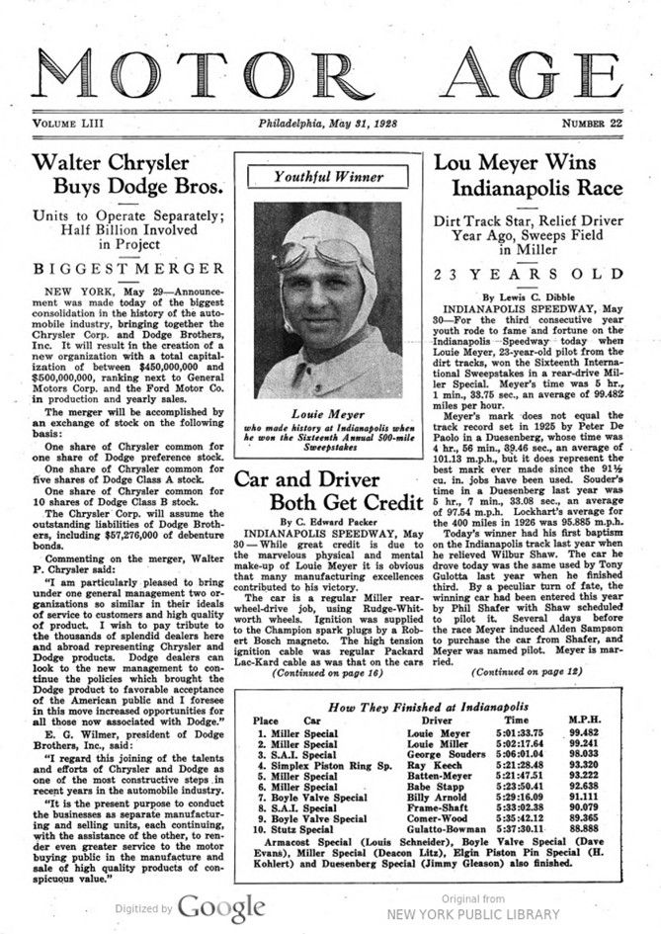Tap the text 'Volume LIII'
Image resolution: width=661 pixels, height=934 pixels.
[x=74, y=124]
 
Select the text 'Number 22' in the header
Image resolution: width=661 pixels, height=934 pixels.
[x=592, y=124]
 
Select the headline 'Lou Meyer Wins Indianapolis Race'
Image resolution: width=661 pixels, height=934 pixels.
[x=531, y=174]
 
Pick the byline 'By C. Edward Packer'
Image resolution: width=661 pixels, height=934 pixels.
[x=328, y=521]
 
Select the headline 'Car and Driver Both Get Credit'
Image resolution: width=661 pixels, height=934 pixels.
[x=327, y=489]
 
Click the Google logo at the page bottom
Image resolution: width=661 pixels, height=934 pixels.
[x=221, y=906]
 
